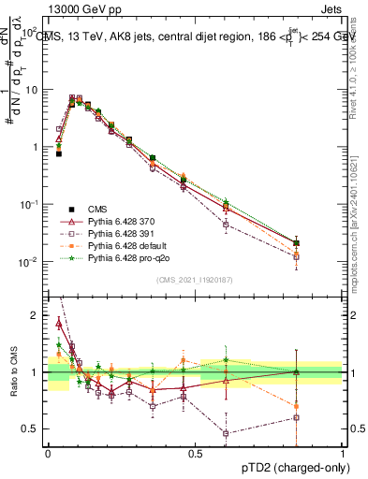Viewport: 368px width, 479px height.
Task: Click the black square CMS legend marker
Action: tap(72, 210)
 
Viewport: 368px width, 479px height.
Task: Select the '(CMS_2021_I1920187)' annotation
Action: tap(195, 280)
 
